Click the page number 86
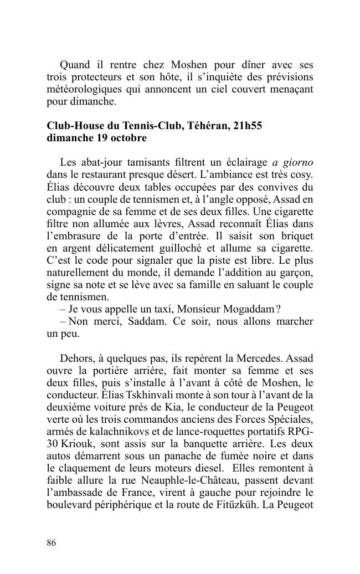coord(52,542)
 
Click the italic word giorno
coord(299,162)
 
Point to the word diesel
coord(209,468)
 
